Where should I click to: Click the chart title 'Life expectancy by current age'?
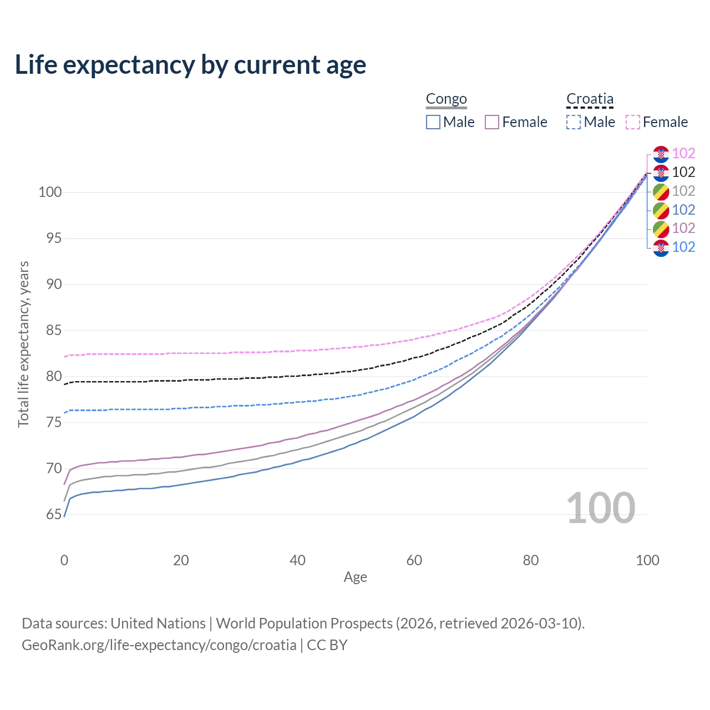(x=190, y=65)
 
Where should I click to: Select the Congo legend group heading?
(x=446, y=99)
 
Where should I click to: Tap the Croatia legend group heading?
(x=590, y=99)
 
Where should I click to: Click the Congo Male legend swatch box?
(x=433, y=122)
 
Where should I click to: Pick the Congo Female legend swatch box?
(x=492, y=122)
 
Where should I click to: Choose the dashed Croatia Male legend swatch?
(x=574, y=122)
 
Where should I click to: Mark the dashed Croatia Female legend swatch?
(x=633, y=122)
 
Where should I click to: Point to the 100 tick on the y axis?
(x=49, y=192)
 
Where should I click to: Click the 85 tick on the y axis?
(x=49, y=331)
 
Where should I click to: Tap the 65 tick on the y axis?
(x=53, y=515)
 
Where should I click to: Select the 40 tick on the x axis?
(x=297, y=560)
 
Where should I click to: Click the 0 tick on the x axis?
(x=64, y=560)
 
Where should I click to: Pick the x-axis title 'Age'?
(x=355, y=577)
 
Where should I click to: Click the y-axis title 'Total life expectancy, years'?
(x=23, y=344)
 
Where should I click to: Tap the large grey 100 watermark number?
(x=600, y=508)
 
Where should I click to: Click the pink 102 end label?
(x=683, y=153)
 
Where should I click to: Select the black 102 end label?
(x=683, y=172)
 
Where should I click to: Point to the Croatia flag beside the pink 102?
(x=661, y=154)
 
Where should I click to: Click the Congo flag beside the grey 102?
(x=661, y=191)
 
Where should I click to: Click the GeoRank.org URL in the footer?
(x=159, y=645)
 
